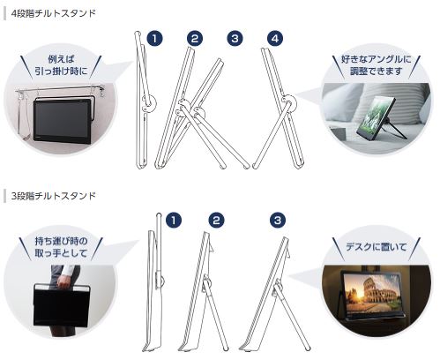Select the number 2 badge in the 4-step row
pyautogui.click(x=195, y=39)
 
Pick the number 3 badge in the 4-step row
pyautogui.click(x=235, y=39)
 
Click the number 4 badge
pyautogui.click(x=276, y=39)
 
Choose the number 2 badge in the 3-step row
pyautogui.click(x=216, y=219)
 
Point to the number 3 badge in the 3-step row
pyautogui.click(x=278, y=219)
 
